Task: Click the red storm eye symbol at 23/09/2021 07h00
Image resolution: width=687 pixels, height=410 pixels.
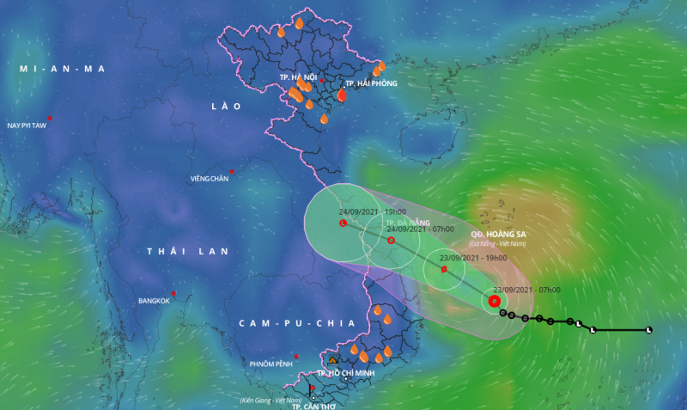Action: [x=495, y=301]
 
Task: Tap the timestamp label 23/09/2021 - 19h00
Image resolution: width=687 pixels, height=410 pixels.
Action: [x=472, y=257]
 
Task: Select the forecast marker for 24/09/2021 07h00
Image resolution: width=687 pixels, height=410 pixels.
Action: [x=392, y=241]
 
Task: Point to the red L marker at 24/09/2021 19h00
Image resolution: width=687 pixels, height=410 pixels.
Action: [x=343, y=223]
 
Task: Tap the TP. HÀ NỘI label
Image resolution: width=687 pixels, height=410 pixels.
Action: [x=298, y=77]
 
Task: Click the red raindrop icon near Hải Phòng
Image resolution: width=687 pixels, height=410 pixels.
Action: [x=342, y=95]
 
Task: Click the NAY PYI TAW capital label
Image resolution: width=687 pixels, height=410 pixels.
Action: [x=26, y=125]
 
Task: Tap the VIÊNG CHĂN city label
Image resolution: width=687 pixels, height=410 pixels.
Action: [x=209, y=179]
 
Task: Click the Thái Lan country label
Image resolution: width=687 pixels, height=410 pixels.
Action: [x=187, y=251]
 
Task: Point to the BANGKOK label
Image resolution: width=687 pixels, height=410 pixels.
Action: [x=154, y=301]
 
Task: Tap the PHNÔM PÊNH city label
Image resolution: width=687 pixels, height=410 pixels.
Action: [x=272, y=364]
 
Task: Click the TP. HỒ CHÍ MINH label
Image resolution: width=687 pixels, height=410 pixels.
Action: [x=349, y=373]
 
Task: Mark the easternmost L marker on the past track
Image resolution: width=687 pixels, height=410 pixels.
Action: [x=648, y=330]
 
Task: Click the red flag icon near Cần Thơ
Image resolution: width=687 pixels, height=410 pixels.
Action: [x=312, y=389]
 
